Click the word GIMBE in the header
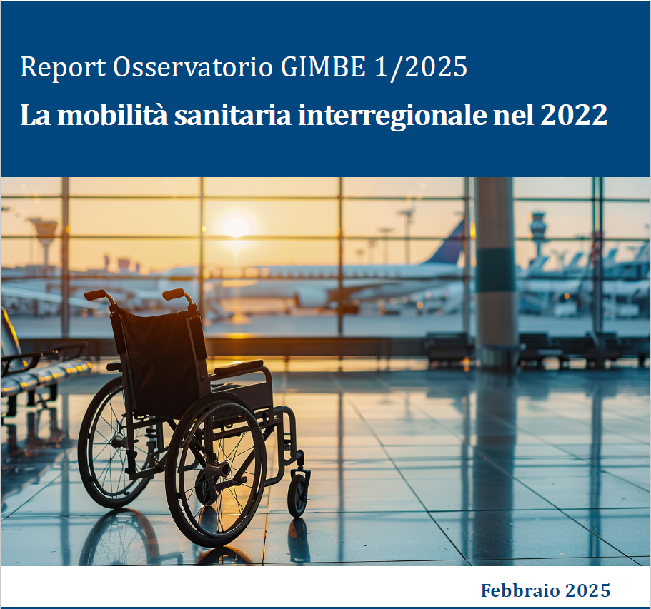point(323,66)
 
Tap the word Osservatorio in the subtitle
point(193,66)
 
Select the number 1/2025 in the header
point(421,68)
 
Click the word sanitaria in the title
point(232,115)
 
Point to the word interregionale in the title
point(392,116)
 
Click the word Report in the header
point(63,67)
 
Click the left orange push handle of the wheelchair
point(96,295)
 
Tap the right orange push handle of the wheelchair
point(174,293)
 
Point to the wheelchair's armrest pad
point(239,367)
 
